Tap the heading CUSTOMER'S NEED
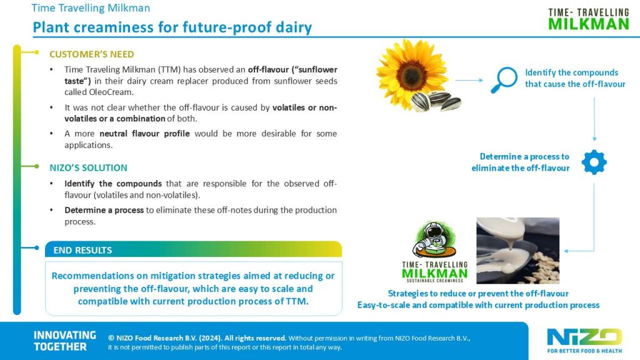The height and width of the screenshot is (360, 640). tap(91, 54)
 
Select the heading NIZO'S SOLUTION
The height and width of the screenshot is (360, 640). tap(88, 167)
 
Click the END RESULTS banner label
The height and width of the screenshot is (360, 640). tap(82, 250)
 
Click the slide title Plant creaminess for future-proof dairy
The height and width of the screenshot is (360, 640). tap(172, 27)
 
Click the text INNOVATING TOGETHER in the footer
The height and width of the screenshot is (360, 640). tap(64, 341)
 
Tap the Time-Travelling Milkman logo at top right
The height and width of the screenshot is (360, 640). tap(588, 19)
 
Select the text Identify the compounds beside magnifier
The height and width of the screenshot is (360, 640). tap(571, 72)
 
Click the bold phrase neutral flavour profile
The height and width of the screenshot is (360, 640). tap(138, 134)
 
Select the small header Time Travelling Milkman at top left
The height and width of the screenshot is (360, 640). tap(91, 8)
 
